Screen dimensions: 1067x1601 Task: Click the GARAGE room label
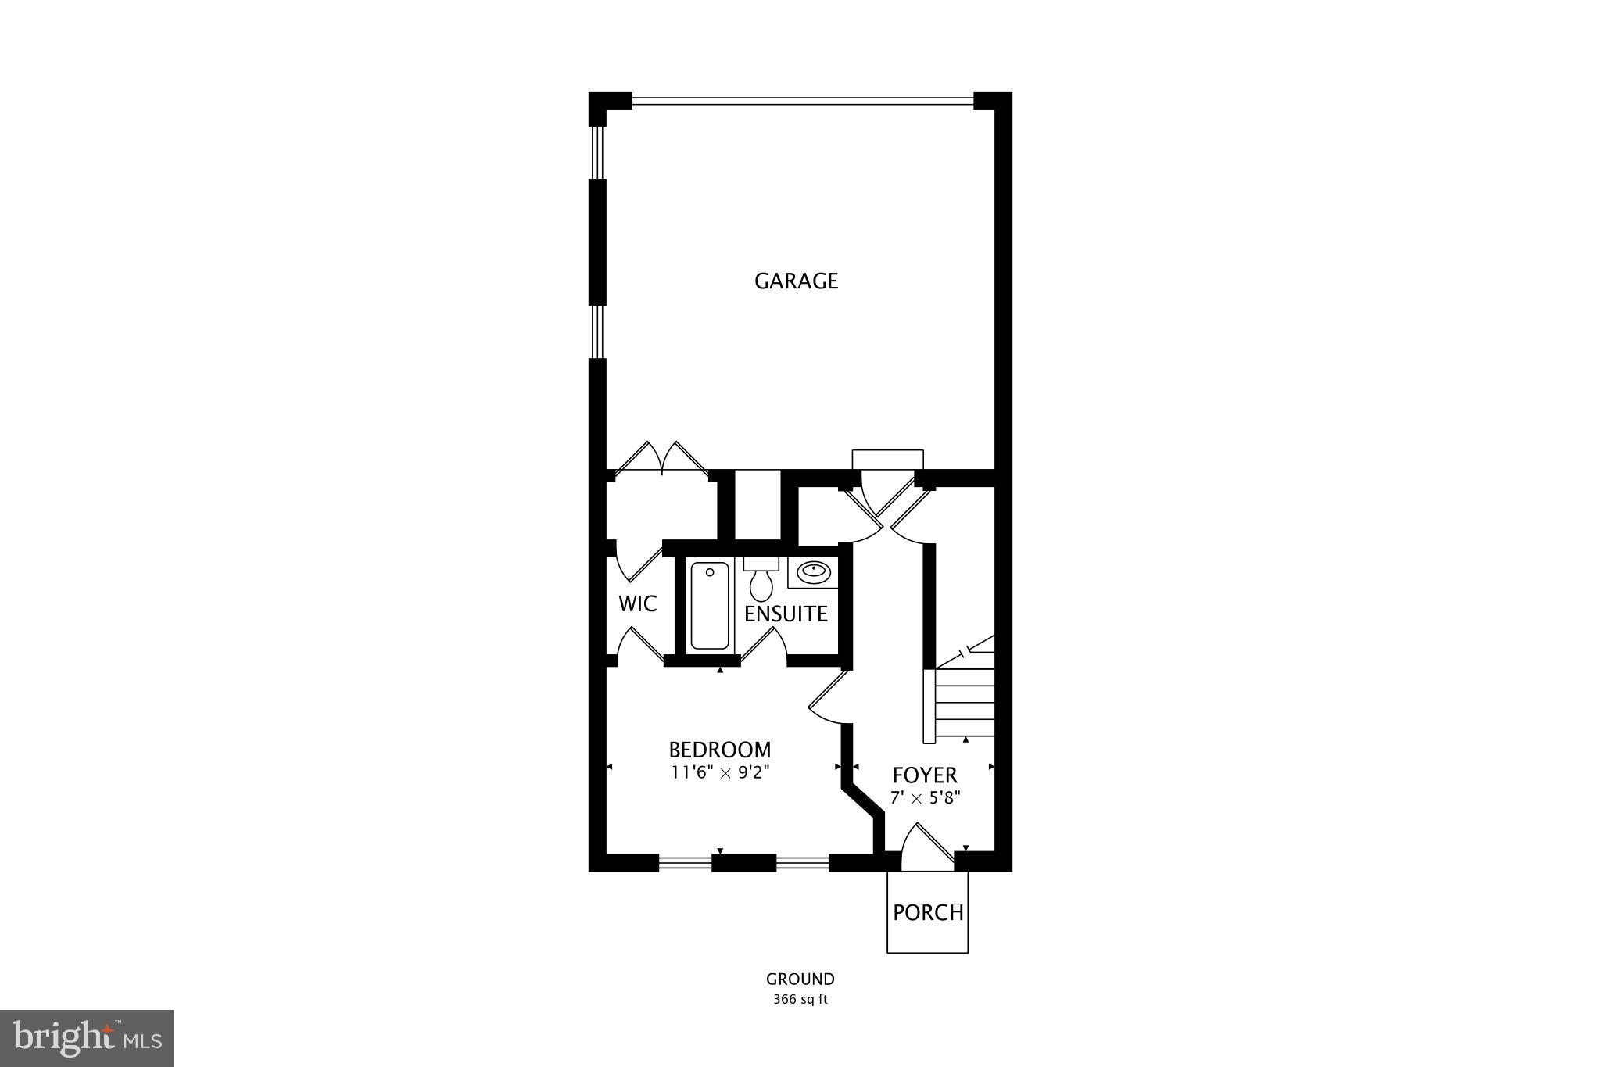tap(796, 281)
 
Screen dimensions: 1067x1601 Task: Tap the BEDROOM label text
tap(719, 750)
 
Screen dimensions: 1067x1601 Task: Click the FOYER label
tap(925, 775)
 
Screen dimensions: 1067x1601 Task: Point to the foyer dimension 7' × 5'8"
tap(925, 798)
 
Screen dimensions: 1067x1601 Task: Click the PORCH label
tap(928, 912)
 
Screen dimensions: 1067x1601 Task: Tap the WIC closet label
tap(637, 603)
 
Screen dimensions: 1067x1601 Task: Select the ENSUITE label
tap(786, 614)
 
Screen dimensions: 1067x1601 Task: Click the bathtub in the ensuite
tap(710, 607)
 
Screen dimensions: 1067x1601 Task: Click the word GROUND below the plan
tap(800, 979)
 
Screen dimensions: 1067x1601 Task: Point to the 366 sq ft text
tap(800, 999)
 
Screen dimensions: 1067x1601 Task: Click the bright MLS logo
tap(87, 1038)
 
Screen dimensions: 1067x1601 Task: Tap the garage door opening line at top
tap(802, 100)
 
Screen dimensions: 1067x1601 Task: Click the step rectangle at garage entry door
tap(887, 459)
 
